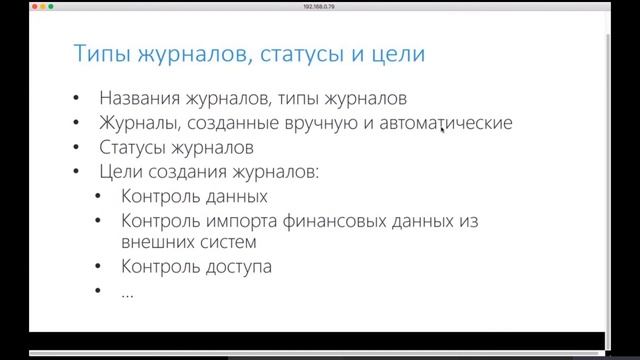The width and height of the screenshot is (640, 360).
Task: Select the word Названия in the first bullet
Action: pos(139,99)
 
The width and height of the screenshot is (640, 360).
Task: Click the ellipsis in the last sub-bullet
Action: pos(128,291)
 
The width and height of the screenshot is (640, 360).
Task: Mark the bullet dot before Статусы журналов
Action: pos(78,148)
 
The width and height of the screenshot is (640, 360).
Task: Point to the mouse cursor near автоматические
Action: pos(443,129)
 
